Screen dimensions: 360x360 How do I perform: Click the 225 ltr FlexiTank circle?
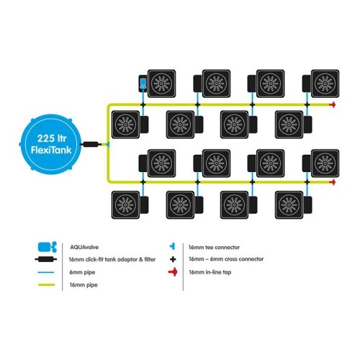tap(50, 144)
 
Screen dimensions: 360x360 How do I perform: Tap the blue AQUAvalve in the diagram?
tap(143, 83)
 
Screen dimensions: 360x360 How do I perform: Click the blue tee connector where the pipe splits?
tap(108, 145)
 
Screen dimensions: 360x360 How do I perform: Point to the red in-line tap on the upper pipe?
tap(333, 104)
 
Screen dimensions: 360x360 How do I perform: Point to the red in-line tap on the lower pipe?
tap(333, 182)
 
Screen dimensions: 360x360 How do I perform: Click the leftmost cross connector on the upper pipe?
tap(143, 104)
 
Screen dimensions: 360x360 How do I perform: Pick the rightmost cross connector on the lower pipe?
tap(307, 182)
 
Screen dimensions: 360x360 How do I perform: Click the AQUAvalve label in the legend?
tap(84, 247)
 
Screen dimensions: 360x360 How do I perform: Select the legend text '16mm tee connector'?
tap(214, 247)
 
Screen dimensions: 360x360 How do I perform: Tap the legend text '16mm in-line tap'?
tap(210, 272)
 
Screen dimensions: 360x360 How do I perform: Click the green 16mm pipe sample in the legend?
tap(47, 285)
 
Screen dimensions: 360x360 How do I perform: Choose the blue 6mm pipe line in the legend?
tap(46, 272)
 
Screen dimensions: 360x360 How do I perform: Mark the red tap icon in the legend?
tap(173, 272)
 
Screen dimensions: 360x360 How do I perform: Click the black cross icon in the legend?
tap(173, 259)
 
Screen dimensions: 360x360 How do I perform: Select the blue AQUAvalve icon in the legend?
tap(48, 247)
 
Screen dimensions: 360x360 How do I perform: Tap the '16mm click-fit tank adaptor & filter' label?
tap(112, 259)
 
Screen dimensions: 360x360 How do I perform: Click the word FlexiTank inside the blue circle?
tap(51, 150)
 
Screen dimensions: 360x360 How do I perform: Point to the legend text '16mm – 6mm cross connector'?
tap(226, 259)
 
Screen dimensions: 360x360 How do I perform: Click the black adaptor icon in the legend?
tap(46, 259)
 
